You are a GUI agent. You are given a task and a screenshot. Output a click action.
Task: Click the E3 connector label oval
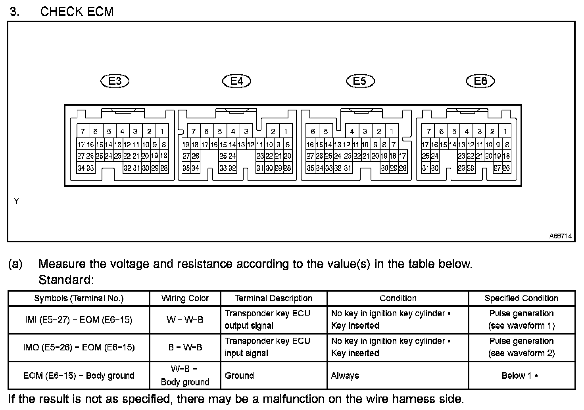(x=115, y=81)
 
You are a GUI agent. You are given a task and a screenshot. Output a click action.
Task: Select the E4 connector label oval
(x=236, y=81)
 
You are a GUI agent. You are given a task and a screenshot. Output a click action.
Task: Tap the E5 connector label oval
(x=360, y=81)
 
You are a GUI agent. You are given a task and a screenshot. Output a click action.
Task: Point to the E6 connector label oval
(x=480, y=81)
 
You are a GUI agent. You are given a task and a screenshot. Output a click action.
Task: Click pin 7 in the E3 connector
(x=83, y=132)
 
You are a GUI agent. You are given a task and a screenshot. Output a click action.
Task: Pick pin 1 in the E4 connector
(x=286, y=132)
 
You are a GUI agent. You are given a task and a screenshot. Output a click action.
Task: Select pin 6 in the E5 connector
(x=313, y=132)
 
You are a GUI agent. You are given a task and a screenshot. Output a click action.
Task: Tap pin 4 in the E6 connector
(x=467, y=132)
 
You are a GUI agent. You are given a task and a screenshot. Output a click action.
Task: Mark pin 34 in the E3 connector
(x=81, y=168)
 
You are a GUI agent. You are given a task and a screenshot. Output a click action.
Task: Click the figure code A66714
(x=560, y=236)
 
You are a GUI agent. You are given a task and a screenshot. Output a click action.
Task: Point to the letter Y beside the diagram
(x=16, y=201)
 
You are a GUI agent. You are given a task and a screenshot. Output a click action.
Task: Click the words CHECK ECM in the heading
(x=77, y=12)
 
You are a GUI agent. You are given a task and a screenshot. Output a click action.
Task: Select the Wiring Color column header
(x=185, y=298)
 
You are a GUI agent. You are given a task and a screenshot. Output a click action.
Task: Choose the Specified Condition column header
(x=521, y=298)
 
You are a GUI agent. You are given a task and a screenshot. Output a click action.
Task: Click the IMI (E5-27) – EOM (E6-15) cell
(x=79, y=319)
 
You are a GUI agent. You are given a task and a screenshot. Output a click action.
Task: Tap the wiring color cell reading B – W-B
(x=185, y=348)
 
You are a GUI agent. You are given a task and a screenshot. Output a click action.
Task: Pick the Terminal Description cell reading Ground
(x=239, y=375)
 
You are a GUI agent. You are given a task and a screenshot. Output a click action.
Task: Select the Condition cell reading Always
(x=345, y=375)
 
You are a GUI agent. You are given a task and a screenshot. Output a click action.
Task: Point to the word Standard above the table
(x=66, y=280)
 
